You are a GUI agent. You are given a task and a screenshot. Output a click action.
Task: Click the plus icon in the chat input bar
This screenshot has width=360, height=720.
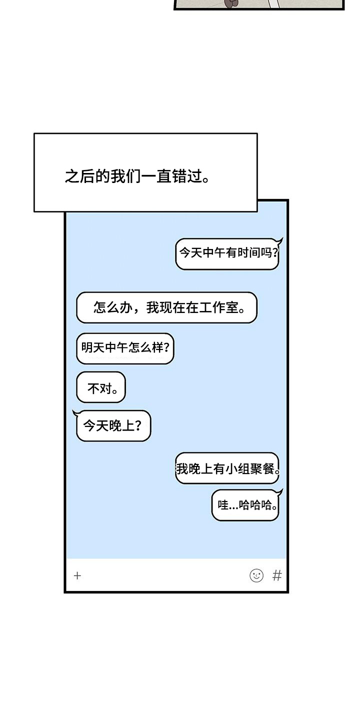coord(77,575)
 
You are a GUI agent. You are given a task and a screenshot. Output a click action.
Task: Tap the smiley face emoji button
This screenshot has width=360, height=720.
coord(256,575)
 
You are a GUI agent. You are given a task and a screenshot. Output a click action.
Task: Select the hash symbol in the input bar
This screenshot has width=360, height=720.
coord(277,575)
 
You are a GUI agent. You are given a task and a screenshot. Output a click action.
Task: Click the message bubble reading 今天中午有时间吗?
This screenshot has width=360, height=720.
coord(227,253)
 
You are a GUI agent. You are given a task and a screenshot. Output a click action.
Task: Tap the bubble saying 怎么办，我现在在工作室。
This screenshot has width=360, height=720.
coord(166,307)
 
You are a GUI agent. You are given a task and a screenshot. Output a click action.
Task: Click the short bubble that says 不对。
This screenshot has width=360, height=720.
coord(101,387)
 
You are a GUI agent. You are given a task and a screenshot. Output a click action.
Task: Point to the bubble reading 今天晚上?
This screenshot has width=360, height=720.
coord(113,426)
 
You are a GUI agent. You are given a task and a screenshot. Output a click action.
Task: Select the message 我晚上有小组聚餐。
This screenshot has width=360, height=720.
coord(227,468)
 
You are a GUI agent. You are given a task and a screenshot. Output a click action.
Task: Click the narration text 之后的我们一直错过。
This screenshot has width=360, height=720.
coord(136,176)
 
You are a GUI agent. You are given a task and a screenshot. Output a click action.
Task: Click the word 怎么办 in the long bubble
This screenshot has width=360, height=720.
coord(110,307)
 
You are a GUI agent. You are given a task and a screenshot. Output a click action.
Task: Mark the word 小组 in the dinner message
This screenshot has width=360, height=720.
coord(237,468)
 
